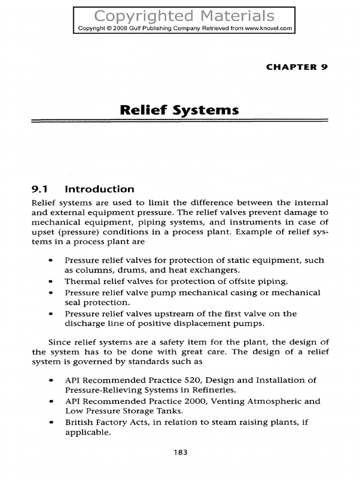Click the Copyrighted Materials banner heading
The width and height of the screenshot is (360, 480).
(184, 16)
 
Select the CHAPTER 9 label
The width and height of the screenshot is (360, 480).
(296, 67)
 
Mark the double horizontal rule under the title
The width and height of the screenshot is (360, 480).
(180, 121)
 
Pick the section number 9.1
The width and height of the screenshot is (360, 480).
(41, 189)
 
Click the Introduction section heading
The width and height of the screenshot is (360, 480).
(99, 189)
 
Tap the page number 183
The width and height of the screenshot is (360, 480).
(180, 452)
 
